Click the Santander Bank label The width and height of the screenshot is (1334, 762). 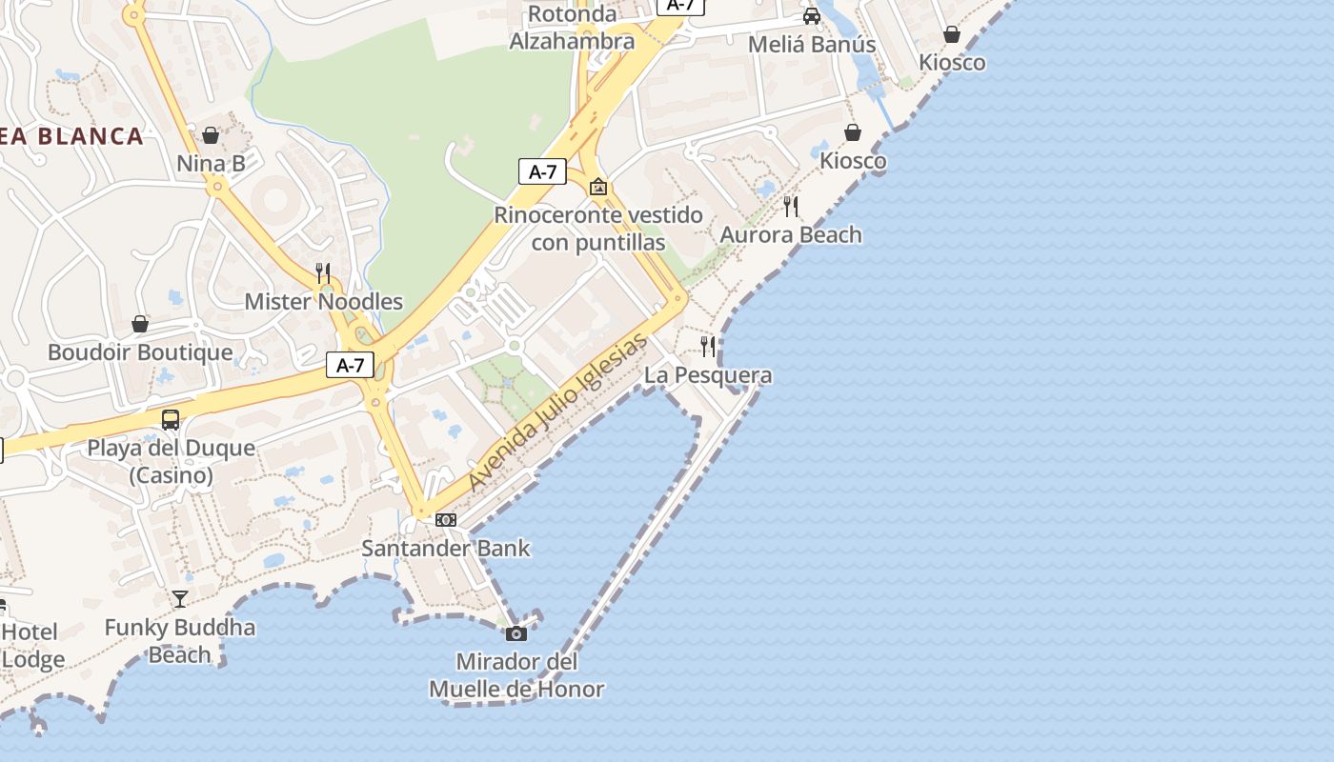pos(445,549)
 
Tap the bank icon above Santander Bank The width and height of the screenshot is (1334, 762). pos(446,520)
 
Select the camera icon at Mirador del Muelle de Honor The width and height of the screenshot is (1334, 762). pos(516,633)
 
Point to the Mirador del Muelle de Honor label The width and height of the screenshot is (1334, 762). pos(516,675)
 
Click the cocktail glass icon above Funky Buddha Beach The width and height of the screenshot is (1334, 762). pos(180,599)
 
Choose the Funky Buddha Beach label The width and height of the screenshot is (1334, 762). pos(180,641)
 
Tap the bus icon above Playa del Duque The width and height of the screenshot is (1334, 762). pos(171,419)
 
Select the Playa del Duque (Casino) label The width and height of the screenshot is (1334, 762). pos(171,461)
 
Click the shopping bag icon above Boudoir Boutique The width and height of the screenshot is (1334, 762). pos(140,324)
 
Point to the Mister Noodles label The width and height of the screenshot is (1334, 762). pos(324,302)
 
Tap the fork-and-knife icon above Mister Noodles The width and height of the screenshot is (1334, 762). pos(323,273)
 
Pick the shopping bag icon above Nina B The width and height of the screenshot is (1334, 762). pos(211,135)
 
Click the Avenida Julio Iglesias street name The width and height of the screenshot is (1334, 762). pos(558,411)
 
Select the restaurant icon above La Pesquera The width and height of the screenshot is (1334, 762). pos(708,346)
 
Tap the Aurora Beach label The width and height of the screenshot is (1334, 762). pos(791,234)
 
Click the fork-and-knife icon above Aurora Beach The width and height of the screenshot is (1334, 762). pos(791,206)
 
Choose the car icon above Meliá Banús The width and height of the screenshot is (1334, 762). pos(812,16)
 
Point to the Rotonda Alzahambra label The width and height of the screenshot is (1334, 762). pos(572,28)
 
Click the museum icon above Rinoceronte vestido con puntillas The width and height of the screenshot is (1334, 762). pos(598,187)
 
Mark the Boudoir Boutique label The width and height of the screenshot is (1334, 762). pos(140,352)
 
